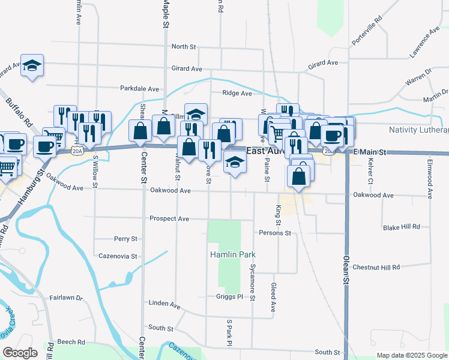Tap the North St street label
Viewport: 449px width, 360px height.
point(184,46)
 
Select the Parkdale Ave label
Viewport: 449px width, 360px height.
point(139,88)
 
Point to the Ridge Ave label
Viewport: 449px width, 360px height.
point(237,93)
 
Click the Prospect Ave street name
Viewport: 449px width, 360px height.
point(169,218)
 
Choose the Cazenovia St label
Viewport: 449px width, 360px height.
point(118,256)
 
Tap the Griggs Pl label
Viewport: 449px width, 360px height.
point(229,296)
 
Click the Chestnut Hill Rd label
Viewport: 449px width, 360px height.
point(376,267)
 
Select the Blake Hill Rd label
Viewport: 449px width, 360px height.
point(402,227)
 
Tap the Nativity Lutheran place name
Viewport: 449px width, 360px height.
point(418,130)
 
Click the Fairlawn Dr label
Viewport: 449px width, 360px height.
point(65,297)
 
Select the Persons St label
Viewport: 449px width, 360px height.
point(275,233)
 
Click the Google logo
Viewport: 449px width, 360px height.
point(20,353)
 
